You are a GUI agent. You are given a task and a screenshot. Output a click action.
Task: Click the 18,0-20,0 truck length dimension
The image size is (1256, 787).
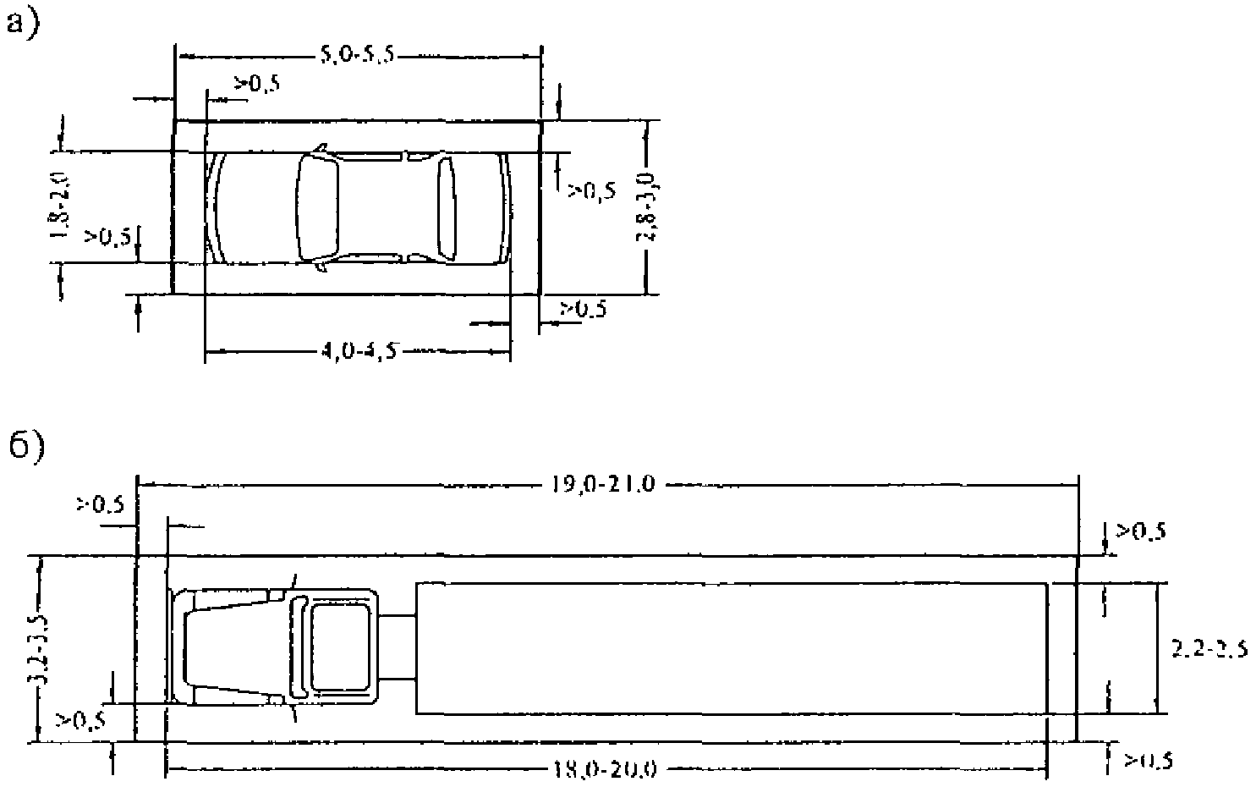point(606,770)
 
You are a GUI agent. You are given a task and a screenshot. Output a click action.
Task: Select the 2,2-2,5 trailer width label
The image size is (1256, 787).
point(1209,650)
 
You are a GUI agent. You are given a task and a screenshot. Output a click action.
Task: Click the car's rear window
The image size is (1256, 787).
point(446,208)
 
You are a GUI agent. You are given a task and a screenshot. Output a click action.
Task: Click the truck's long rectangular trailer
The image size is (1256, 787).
point(732,647)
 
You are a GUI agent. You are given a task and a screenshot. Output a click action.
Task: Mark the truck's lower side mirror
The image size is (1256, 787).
point(293,713)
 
